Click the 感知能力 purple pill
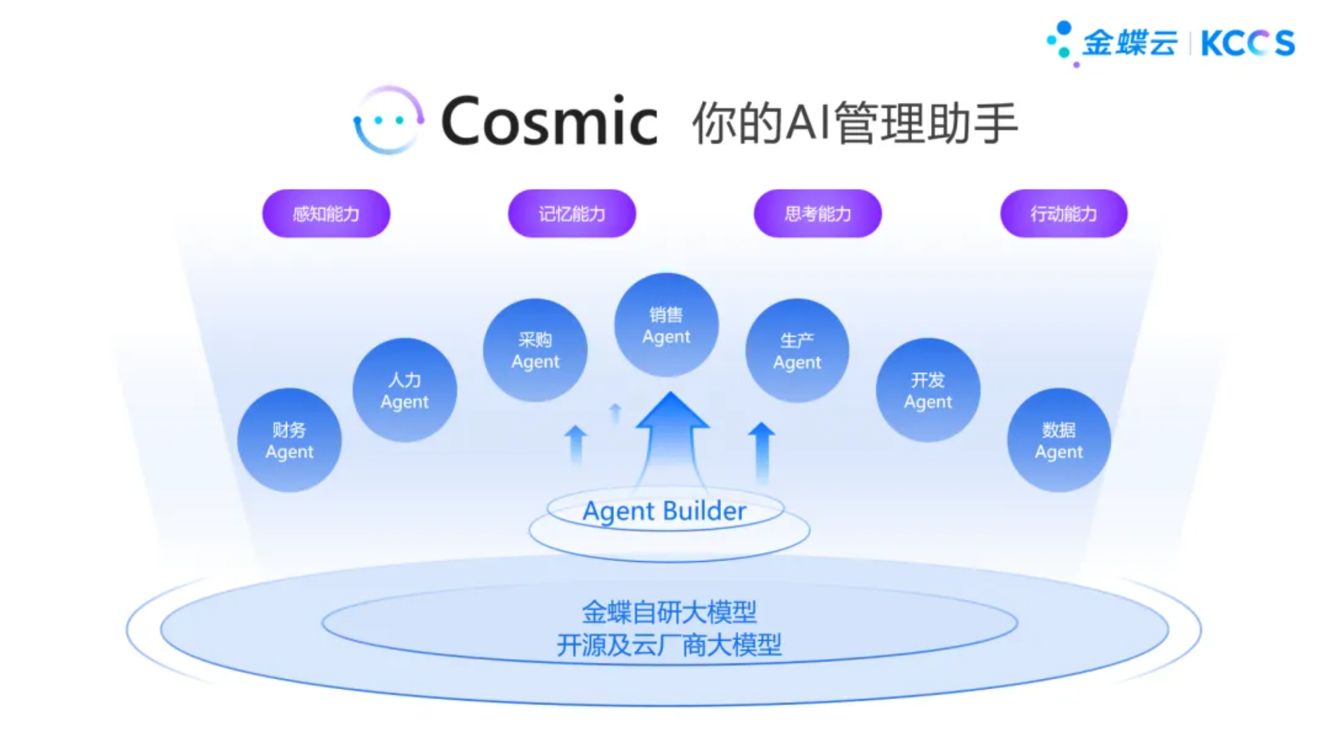326,213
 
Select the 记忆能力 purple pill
571,213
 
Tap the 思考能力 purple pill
818,213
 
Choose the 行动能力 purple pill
1063,213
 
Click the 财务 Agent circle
289,440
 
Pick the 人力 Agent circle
405,391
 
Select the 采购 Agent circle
535,350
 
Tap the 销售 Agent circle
666,326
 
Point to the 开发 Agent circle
927,391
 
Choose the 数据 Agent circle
1059,440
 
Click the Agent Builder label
665,511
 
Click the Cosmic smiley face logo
387,121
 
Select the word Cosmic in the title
549,121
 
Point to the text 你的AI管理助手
855,123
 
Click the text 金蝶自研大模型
669,612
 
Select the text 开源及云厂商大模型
669,645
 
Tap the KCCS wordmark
1247,44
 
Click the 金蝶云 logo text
1130,43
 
